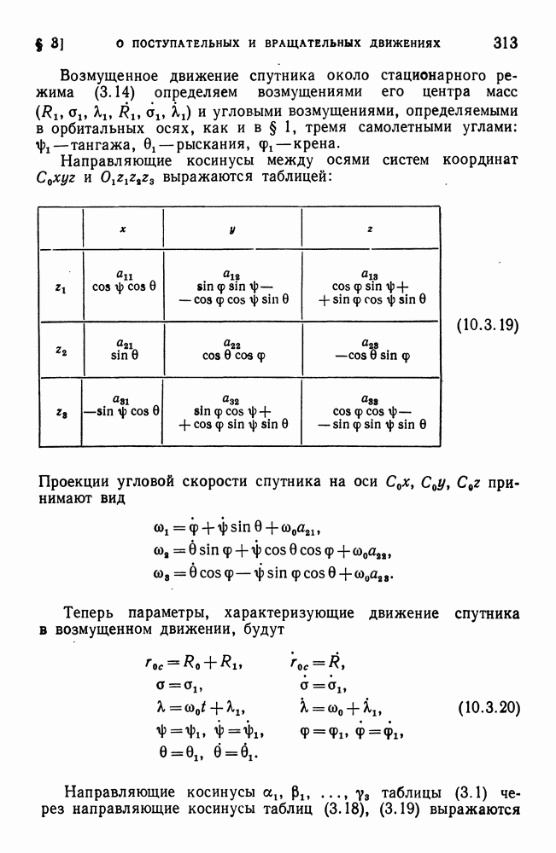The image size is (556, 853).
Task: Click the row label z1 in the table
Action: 59,288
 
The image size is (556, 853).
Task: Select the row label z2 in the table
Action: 59,349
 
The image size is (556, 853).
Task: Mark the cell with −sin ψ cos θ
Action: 122,410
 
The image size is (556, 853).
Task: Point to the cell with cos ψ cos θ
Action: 123,287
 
